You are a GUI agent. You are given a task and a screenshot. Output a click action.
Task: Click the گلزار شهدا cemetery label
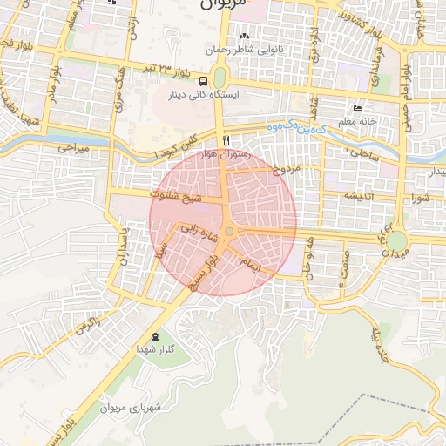click(x=156, y=348)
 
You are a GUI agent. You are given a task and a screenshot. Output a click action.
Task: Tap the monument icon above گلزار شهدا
click(x=156, y=336)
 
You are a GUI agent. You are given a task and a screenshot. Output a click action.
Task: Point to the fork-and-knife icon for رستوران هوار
click(x=226, y=140)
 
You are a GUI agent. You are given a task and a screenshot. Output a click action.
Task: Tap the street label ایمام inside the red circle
click(x=252, y=264)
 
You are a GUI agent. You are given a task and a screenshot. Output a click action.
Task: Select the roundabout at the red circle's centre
click(x=228, y=231)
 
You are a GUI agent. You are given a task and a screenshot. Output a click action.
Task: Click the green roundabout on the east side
click(x=397, y=240)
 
